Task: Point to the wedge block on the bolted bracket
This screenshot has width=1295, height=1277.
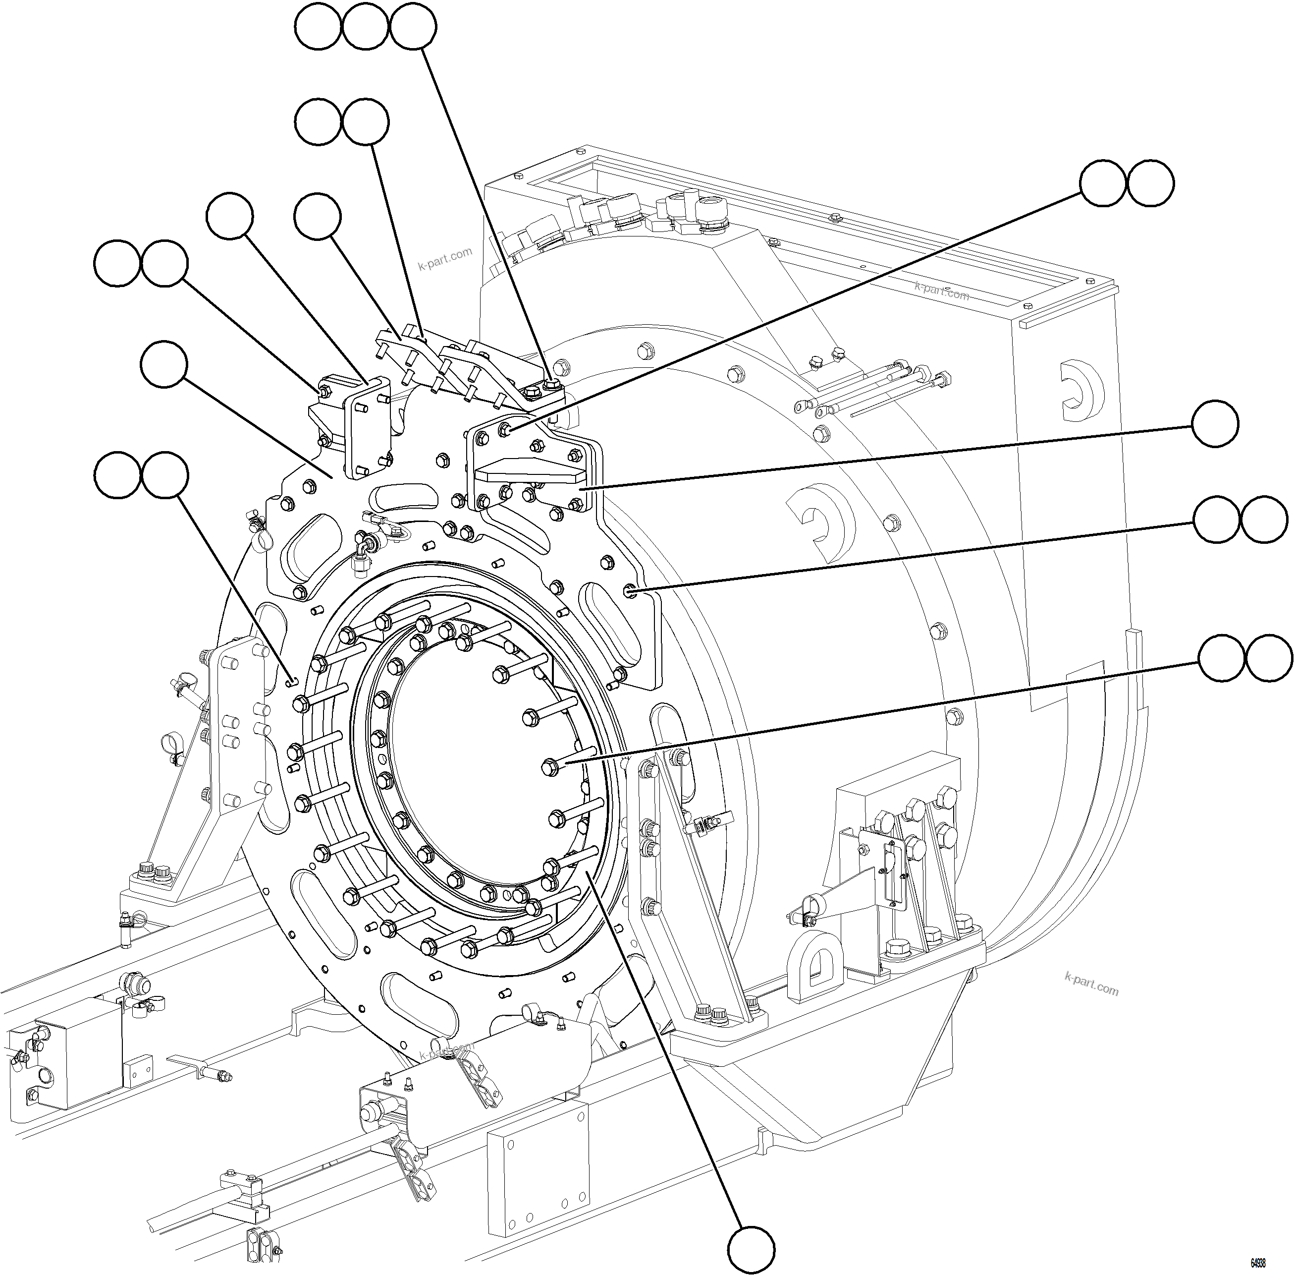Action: [x=530, y=473]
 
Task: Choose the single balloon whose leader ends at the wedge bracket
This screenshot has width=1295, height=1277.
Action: [x=1215, y=424]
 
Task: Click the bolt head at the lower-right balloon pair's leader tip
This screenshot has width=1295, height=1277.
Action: [x=551, y=766]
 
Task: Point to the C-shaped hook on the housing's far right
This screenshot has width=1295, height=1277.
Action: [x=1082, y=391]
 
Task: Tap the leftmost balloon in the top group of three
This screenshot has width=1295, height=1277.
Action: [x=319, y=26]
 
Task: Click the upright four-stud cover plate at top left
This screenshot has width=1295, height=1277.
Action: [x=367, y=427]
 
